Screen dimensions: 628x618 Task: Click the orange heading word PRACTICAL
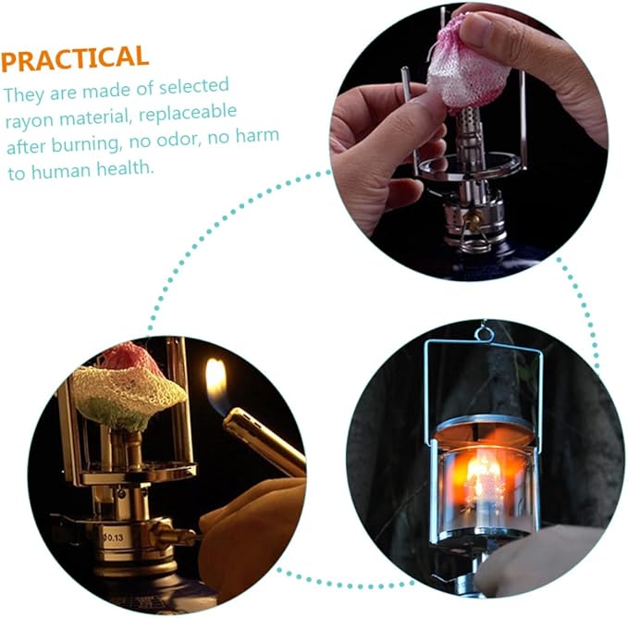(75, 58)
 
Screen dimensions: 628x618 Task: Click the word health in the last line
(125, 168)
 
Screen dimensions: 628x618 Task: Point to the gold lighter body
(263, 441)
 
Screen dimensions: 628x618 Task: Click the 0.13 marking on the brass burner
(114, 538)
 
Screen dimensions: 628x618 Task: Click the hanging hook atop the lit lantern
(485, 333)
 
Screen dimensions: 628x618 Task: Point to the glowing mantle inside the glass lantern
(482, 478)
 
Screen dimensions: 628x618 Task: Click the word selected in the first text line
(194, 86)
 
